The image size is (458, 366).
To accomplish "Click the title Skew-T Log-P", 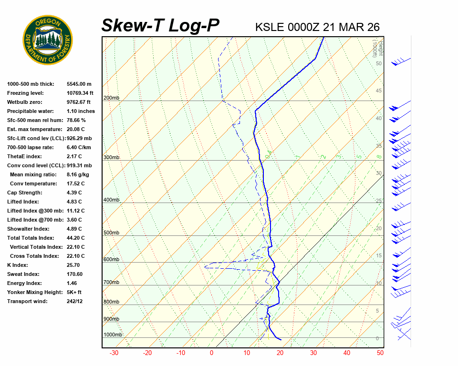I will point(160,26).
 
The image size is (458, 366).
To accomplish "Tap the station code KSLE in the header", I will point(270,27).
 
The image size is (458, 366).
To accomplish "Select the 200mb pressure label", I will point(111,98).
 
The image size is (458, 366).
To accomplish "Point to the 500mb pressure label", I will point(111,233).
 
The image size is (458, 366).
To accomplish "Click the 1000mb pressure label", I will point(113,335).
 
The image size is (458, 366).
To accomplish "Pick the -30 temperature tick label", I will point(114,353).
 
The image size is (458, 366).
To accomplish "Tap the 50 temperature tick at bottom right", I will point(380,353).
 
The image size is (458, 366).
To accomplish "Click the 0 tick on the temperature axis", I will point(212,353).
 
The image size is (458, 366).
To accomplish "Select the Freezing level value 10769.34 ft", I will point(80,93).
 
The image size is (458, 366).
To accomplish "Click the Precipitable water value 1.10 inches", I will point(81,111).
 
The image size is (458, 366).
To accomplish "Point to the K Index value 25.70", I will point(73,265).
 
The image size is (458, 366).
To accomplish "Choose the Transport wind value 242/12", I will point(75,301).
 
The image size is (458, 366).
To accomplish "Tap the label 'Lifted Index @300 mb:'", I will point(32,211).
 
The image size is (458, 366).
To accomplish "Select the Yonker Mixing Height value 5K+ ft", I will point(74,292).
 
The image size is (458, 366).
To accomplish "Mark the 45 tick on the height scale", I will point(379,91).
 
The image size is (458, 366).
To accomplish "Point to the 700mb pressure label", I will point(111,282).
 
